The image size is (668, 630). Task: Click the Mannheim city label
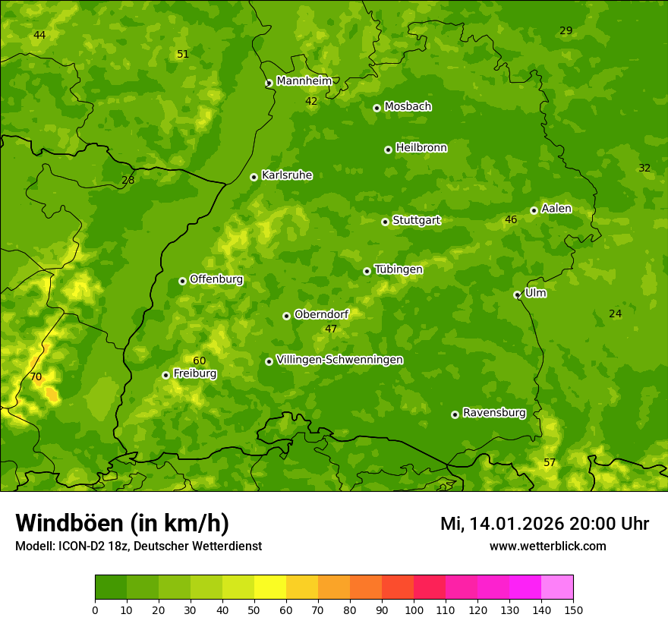coord(304,81)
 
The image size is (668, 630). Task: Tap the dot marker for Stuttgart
coord(385,222)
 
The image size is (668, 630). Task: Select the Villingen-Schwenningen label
coord(339,360)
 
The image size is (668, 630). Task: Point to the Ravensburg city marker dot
coord(455,414)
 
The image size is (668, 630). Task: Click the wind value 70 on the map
coord(36,376)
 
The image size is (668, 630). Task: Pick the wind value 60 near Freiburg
coord(199,361)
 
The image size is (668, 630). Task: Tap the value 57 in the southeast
coord(550,462)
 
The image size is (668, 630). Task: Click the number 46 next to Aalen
coord(511,219)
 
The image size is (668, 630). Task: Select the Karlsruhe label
coord(286,175)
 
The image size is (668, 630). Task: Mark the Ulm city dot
coord(517,295)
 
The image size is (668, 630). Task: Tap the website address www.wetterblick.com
coord(547,546)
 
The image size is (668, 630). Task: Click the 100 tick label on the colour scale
coord(414,610)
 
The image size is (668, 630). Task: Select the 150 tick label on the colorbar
coord(573,610)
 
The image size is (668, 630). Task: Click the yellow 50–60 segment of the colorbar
coord(270,587)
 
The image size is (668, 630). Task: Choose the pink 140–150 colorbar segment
coord(557,587)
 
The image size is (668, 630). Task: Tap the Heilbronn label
coord(421,148)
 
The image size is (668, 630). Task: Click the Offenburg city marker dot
coord(182,281)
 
